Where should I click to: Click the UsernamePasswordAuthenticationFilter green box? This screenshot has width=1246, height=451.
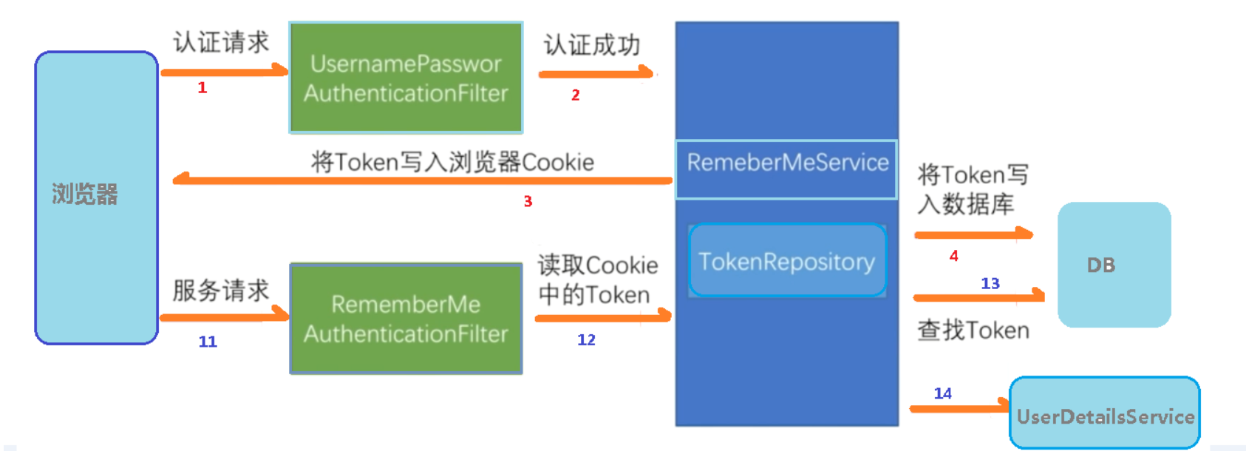[406, 78]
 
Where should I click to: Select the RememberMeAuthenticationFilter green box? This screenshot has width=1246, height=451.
[406, 319]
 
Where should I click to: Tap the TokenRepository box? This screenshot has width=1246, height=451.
[787, 261]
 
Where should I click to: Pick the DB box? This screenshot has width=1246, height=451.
[1114, 265]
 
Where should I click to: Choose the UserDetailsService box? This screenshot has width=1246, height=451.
[1104, 413]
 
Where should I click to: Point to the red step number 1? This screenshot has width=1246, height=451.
[202, 88]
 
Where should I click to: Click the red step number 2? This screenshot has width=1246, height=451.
[575, 95]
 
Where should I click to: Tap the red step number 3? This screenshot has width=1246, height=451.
[528, 201]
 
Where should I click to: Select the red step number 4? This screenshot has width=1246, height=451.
[953, 256]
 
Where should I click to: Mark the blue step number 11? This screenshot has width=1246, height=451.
[208, 342]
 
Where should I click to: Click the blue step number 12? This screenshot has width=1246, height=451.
[586, 340]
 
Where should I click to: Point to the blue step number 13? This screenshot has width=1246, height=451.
[990, 283]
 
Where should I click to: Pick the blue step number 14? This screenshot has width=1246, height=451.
[942, 393]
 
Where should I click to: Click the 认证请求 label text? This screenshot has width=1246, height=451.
[221, 42]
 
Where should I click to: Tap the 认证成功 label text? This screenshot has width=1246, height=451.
[591, 45]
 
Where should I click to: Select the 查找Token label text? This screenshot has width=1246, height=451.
[973, 330]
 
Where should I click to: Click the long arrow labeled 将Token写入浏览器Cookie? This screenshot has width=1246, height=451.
[421, 180]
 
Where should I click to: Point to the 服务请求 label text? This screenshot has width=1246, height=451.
[220, 291]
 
